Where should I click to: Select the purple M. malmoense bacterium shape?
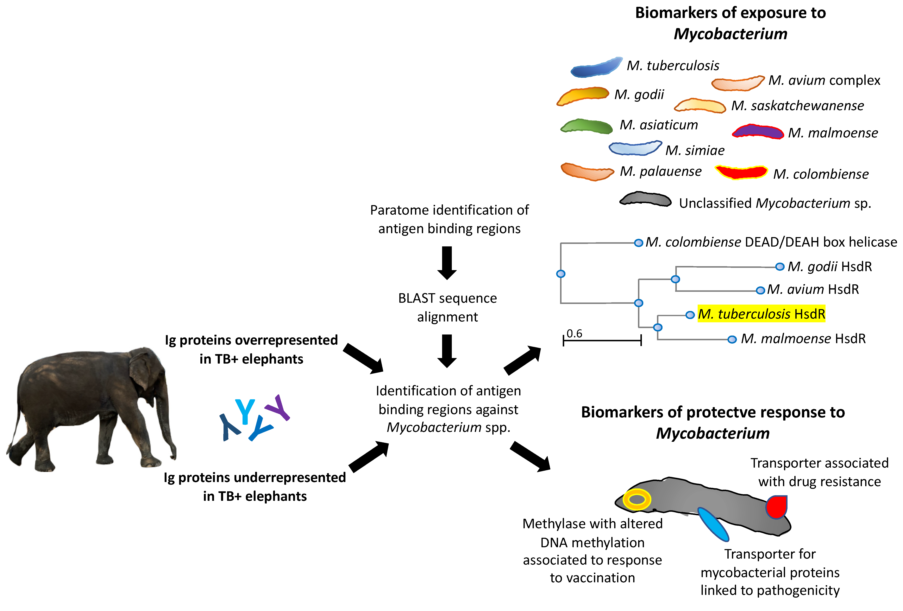pyautogui.click(x=758, y=132)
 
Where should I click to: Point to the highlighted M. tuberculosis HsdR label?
pyautogui.click(x=761, y=314)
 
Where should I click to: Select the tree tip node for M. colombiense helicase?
pyautogui.click(x=638, y=243)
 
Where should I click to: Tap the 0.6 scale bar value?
pyautogui.click(x=574, y=333)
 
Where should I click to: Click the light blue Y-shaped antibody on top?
pyautogui.click(x=245, y=411)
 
